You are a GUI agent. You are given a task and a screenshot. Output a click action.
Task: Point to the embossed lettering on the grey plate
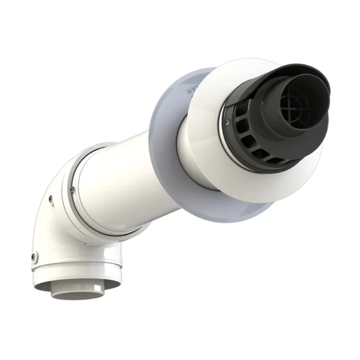click(191, 91)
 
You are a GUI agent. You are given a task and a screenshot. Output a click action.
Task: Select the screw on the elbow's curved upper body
click(51, 199)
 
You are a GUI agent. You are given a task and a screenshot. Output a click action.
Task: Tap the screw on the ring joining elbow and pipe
click(72, 189)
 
